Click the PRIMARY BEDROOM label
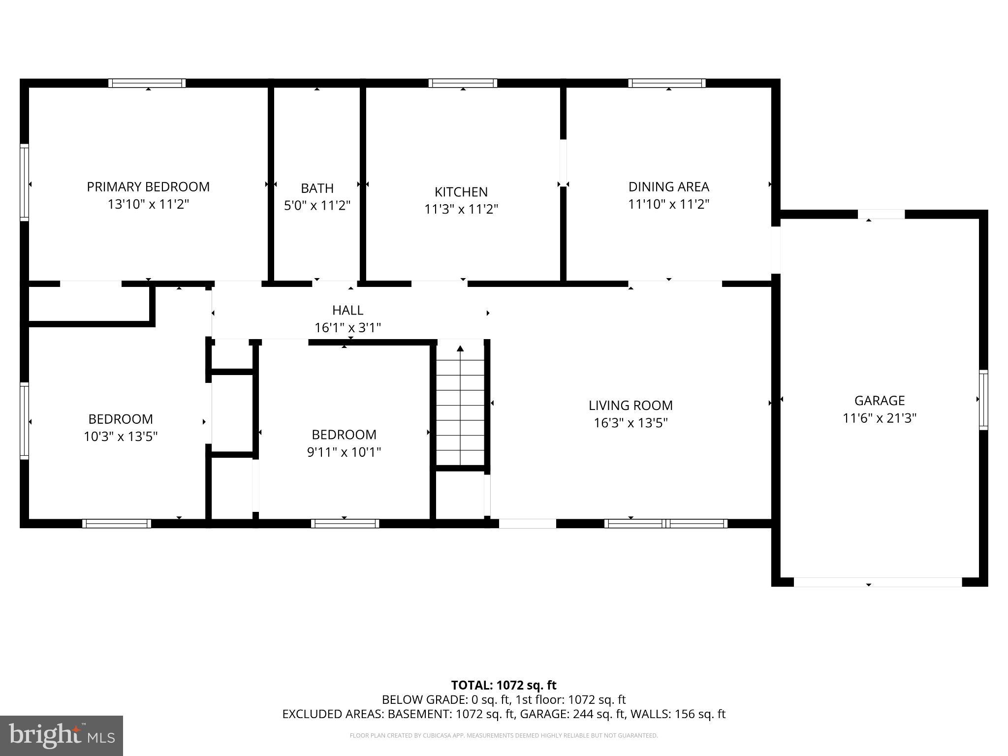148,187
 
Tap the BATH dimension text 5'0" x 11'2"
317,205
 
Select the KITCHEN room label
461,191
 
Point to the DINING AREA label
668,187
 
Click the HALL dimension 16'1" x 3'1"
347,328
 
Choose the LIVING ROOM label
630,406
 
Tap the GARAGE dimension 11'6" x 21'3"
879,418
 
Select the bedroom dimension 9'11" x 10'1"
344,452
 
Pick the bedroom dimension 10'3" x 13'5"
121,437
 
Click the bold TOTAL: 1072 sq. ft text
504,685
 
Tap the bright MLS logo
62,735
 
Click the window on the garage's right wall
983,400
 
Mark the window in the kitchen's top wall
463,83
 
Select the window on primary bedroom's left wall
24,182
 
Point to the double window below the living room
665,524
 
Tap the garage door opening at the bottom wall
878,582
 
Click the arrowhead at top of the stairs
460,348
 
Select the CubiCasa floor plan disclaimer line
504,736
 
